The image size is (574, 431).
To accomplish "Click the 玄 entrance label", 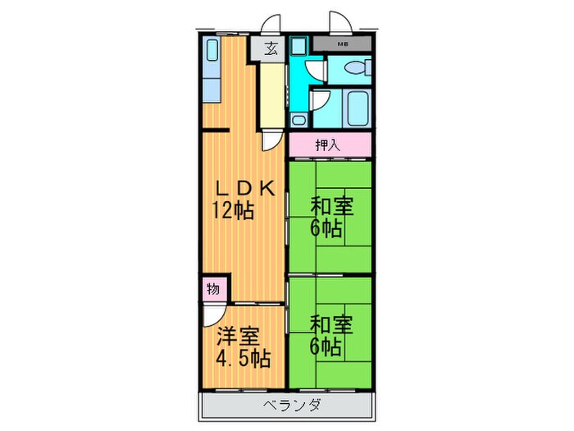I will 271,48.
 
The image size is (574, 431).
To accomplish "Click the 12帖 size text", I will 235,210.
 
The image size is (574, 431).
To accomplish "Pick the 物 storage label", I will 212,289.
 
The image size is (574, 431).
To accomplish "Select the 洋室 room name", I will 239,337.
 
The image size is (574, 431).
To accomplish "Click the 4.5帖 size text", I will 244,359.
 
